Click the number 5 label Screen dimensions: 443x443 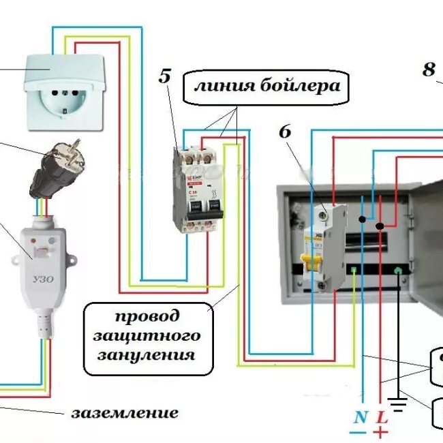pyautogui.click(x=165, y=76)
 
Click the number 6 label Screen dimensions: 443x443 pyautogui.click(x=284, y=132)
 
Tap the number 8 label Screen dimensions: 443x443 pyautogui.click(x=429, y=70)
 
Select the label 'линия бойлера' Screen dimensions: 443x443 pyautogui.click(x=266, y=87)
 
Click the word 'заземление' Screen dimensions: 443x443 pyautogui.click(x=125, y=412)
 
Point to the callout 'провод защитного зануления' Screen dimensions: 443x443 pyautogui.click(x=147, y=336)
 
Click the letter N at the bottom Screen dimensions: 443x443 pyautogui.click(x=359, y=416)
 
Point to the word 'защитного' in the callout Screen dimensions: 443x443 pyautogui.click(x=147, y=336)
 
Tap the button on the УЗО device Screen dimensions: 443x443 pyautogui.click(x=42, y=251)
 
